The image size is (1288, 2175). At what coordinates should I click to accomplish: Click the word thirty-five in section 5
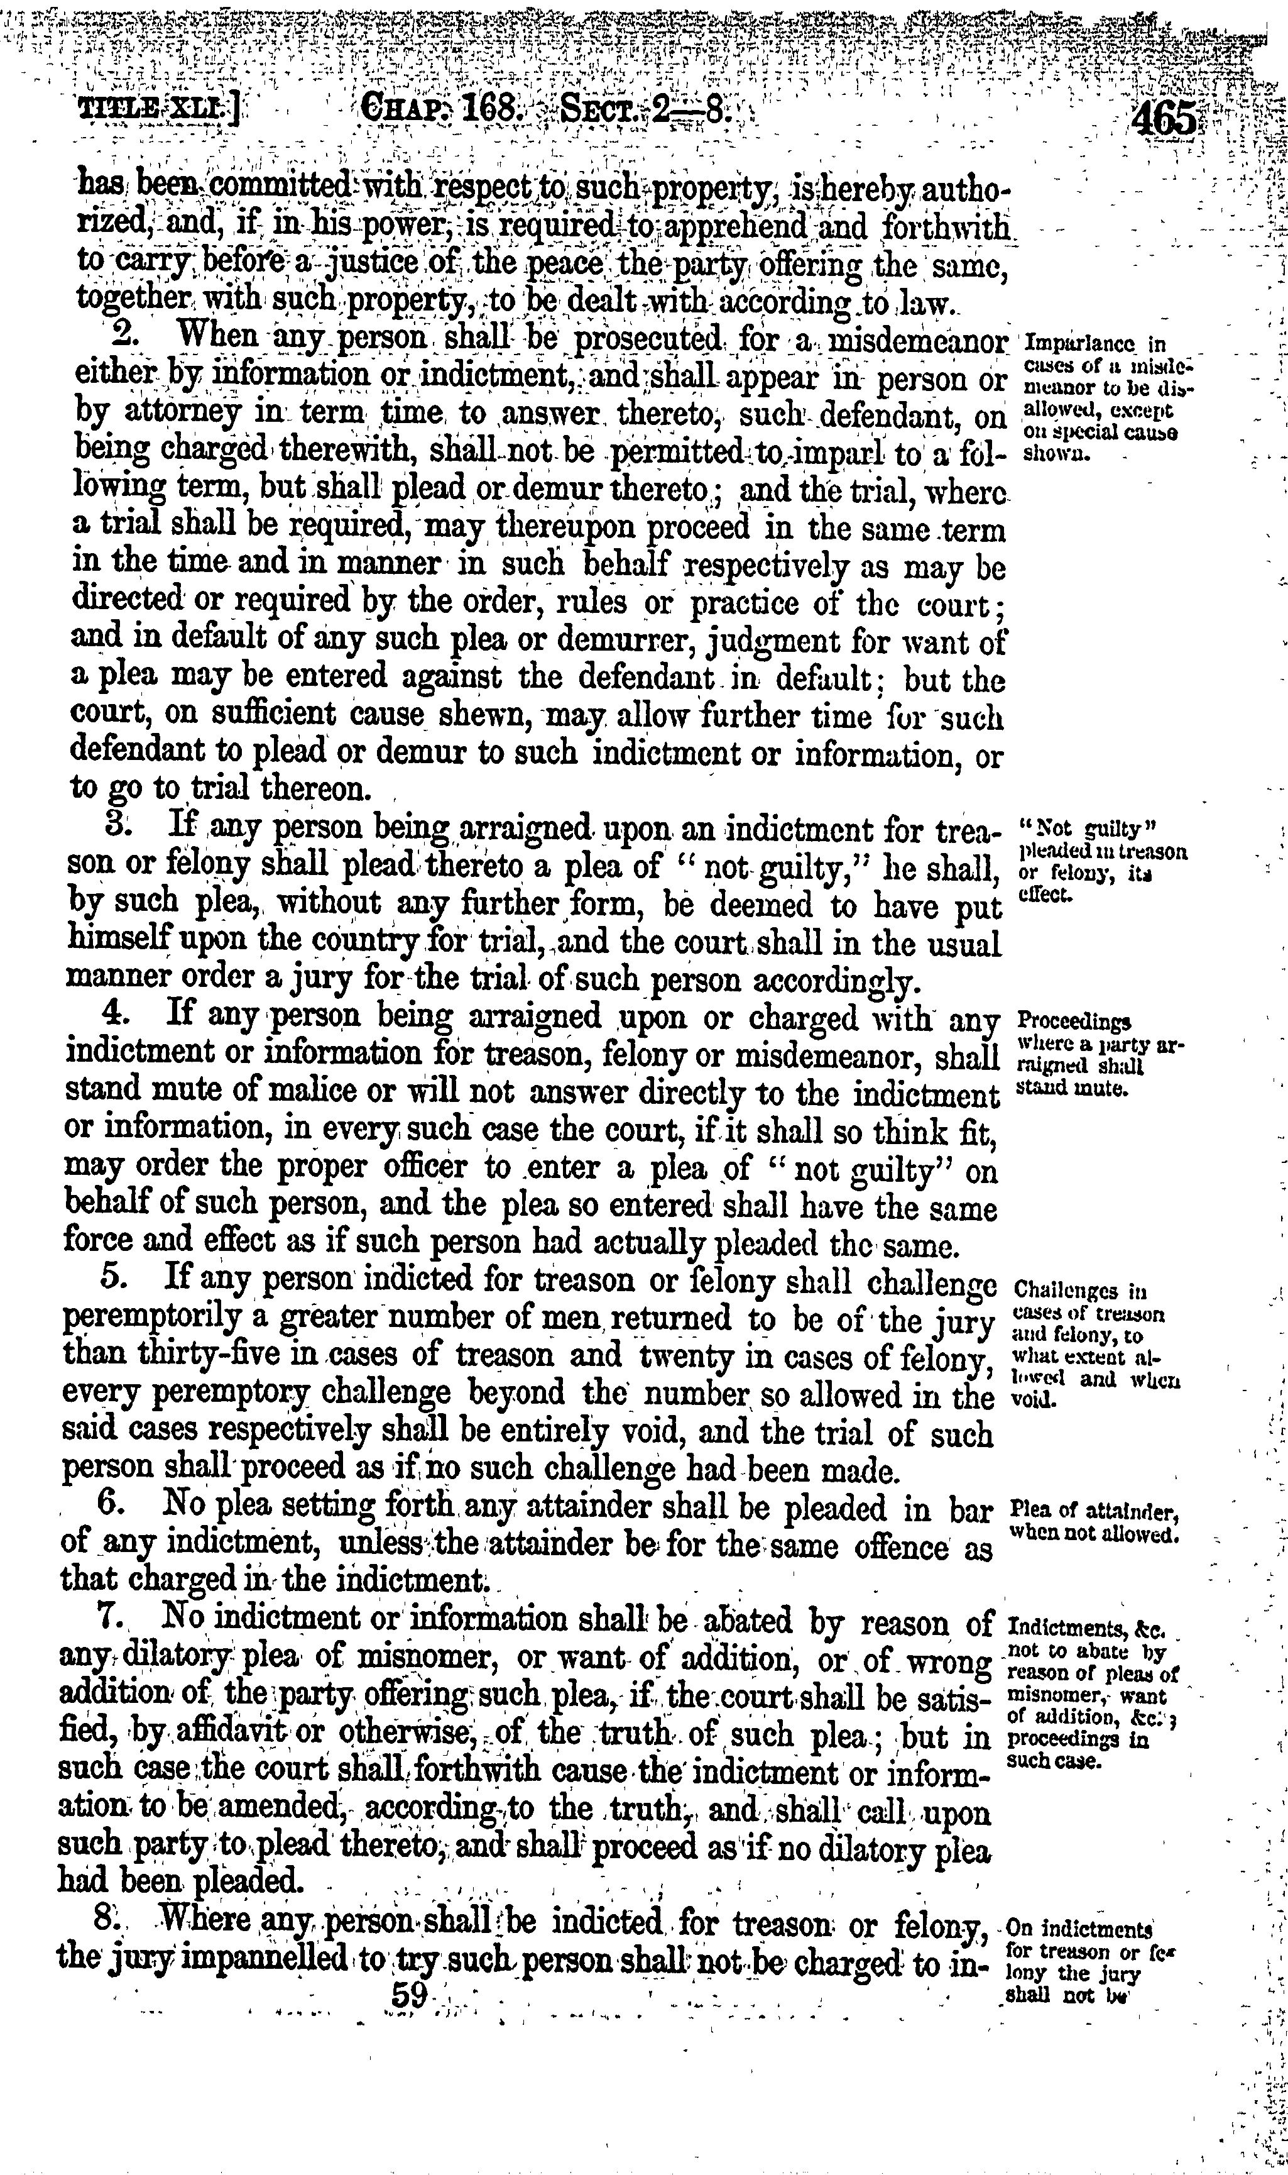pyautogui.click(x=163, y=1355)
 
